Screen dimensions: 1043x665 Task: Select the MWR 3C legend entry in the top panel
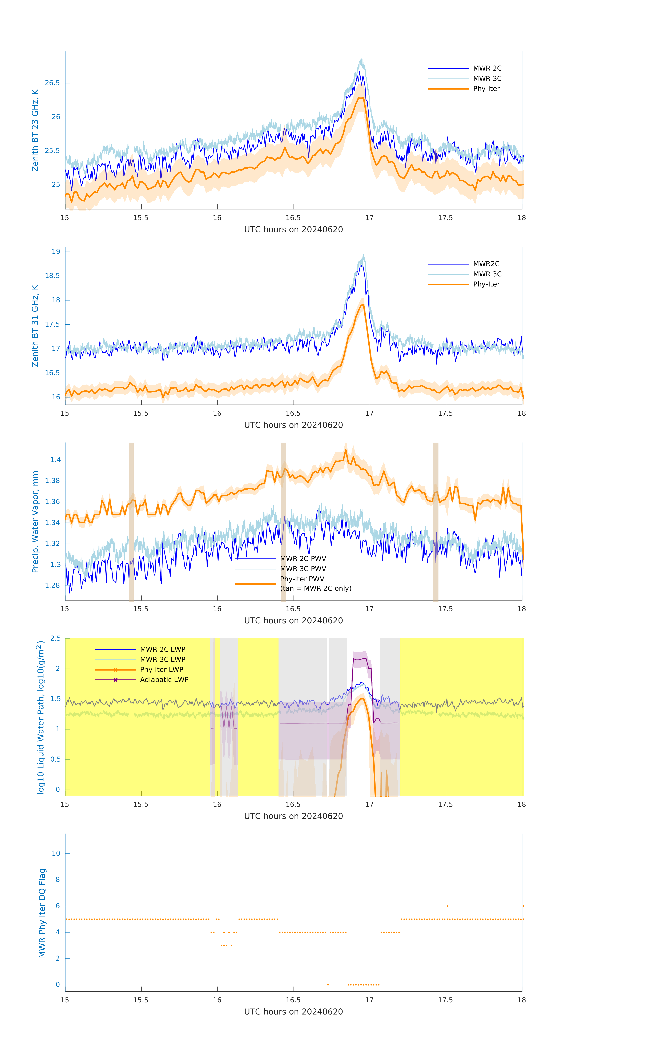[x=487, y=78]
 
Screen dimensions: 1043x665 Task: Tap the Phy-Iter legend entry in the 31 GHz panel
[x=486, y=284]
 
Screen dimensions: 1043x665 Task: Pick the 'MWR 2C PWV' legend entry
[x=303, y=559]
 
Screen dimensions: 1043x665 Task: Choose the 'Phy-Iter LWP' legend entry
[x=161, y=670]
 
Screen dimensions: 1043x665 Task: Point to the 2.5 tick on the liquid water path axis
[x=55, y=638]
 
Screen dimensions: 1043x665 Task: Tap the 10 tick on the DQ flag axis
[x=56, y=853]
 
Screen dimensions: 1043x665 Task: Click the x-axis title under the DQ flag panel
[x=293, y=1012]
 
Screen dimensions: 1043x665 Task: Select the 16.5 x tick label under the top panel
[x=293, y=218]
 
